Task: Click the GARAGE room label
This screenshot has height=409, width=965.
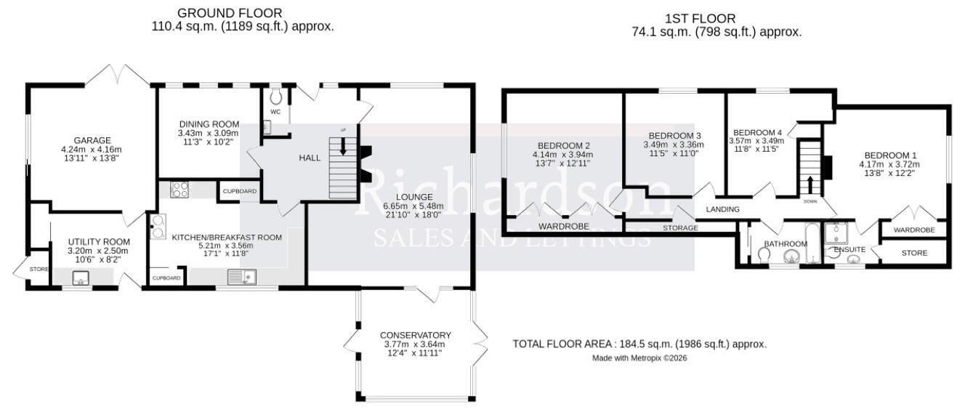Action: tap(92, 140)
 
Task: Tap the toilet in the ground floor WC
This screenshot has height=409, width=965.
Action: tap(275, 97)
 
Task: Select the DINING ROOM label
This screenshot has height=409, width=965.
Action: tap(209, 124)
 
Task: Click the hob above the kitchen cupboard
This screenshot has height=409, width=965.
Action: tap(179, 190)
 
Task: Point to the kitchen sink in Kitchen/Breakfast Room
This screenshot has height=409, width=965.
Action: tap(242, 277)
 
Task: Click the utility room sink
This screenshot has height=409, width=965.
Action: tap(81, 278)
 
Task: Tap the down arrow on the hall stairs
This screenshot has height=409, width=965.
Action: tap(343, 146)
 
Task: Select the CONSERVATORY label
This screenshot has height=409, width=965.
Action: tap(416, 336)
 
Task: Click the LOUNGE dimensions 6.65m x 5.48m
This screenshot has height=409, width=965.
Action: tap(413, 206)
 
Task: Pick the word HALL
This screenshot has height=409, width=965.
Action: tap(310, 158)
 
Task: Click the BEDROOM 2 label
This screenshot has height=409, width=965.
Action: tap(563, 146)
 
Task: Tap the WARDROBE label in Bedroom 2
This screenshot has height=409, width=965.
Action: tap(563, 227)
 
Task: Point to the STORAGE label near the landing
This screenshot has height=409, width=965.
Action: tap(680, 228)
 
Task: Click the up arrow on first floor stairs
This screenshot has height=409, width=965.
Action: tap(810, 185)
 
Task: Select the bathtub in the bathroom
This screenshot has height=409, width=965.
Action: tap(812, 243)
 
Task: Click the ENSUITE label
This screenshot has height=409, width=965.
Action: tap(849, 250)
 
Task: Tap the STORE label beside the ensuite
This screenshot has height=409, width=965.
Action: tap(914, 253)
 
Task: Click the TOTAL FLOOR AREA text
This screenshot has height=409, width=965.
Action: tap(639, 344)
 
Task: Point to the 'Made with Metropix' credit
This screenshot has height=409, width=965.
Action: tap(639, 357)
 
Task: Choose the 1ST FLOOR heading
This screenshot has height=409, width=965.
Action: tap(700, 18)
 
